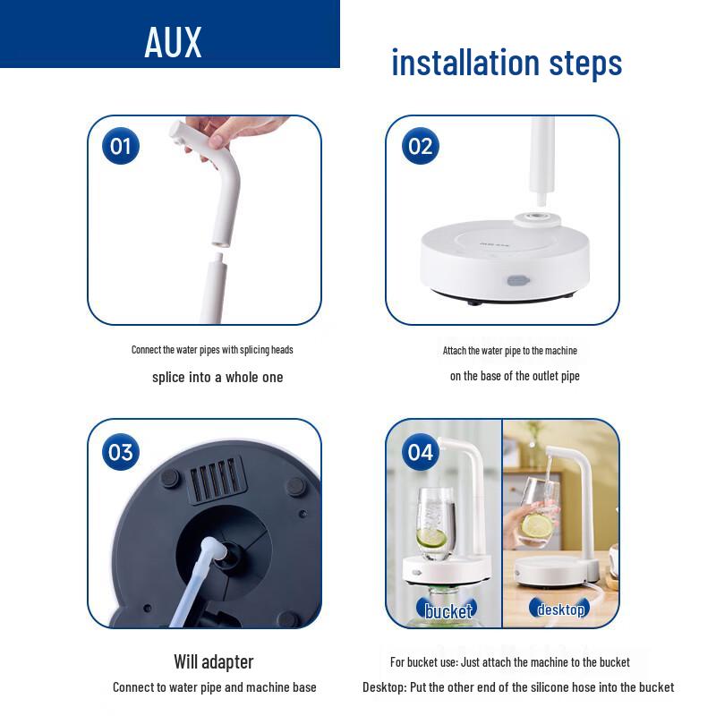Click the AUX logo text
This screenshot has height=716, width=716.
174,42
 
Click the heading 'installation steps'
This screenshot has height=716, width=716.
507,63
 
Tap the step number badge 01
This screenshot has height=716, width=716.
121,145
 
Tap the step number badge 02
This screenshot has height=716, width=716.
420,145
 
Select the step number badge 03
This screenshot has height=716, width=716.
121,452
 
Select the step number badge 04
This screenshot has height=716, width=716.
420,452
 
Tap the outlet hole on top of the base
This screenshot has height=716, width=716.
539,217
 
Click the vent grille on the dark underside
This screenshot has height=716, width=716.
217,481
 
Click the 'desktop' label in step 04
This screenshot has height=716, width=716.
561,610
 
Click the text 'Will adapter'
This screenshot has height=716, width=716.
214,661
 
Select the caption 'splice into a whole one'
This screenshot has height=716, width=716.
217,377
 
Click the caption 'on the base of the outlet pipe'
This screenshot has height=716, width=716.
515,376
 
